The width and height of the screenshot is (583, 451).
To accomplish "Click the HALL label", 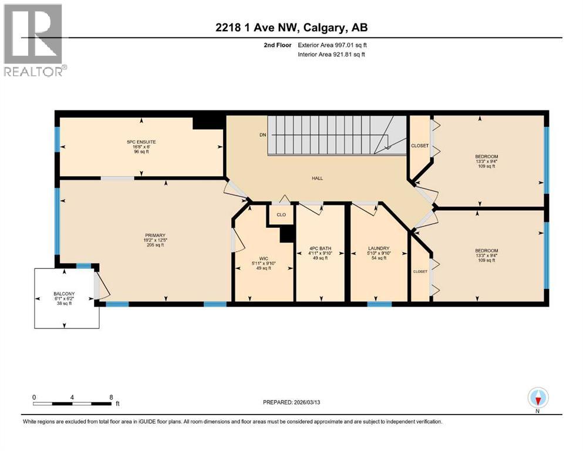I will click(x=317, y=179).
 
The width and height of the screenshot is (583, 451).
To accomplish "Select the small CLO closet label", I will click(x=281, y=215).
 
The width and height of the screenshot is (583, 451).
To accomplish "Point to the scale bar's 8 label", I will click(x=111, y=397).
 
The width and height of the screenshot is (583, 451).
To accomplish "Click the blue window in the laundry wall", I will click(x=379, y=304).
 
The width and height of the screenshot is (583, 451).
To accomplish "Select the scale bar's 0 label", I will click(x=34, y=397).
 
